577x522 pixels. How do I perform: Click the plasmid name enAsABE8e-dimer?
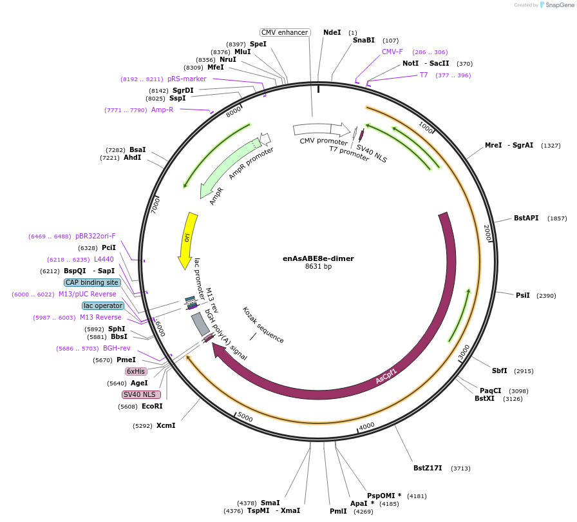point(318,258)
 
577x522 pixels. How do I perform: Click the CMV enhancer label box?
point(285,32)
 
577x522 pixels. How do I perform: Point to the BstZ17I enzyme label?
point(428,468)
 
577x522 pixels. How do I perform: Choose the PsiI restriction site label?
point(522,295)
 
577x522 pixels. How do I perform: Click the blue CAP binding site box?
point(92,282)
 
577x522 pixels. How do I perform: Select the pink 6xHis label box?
point(136,371)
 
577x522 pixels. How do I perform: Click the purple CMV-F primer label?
point(392,52)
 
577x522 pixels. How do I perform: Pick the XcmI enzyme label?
point(166,425)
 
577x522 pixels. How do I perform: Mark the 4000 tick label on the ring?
point(366,426)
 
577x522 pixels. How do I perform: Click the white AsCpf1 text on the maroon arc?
point(386,376)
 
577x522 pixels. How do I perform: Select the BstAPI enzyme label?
point(526,218)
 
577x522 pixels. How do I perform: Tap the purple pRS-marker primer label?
point(187,79)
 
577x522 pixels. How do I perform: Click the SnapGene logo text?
point(557,5)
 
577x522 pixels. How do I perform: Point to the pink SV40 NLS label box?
point(140,394)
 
